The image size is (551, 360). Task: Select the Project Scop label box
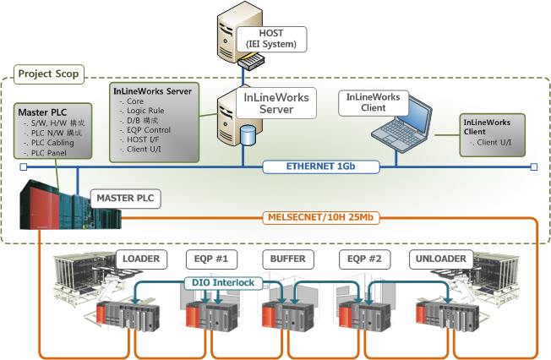point(48,74)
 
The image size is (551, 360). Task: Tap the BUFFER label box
point(286,258)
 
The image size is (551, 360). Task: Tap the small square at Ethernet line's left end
point(23,167)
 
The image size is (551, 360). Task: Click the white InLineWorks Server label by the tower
point(275,104)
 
